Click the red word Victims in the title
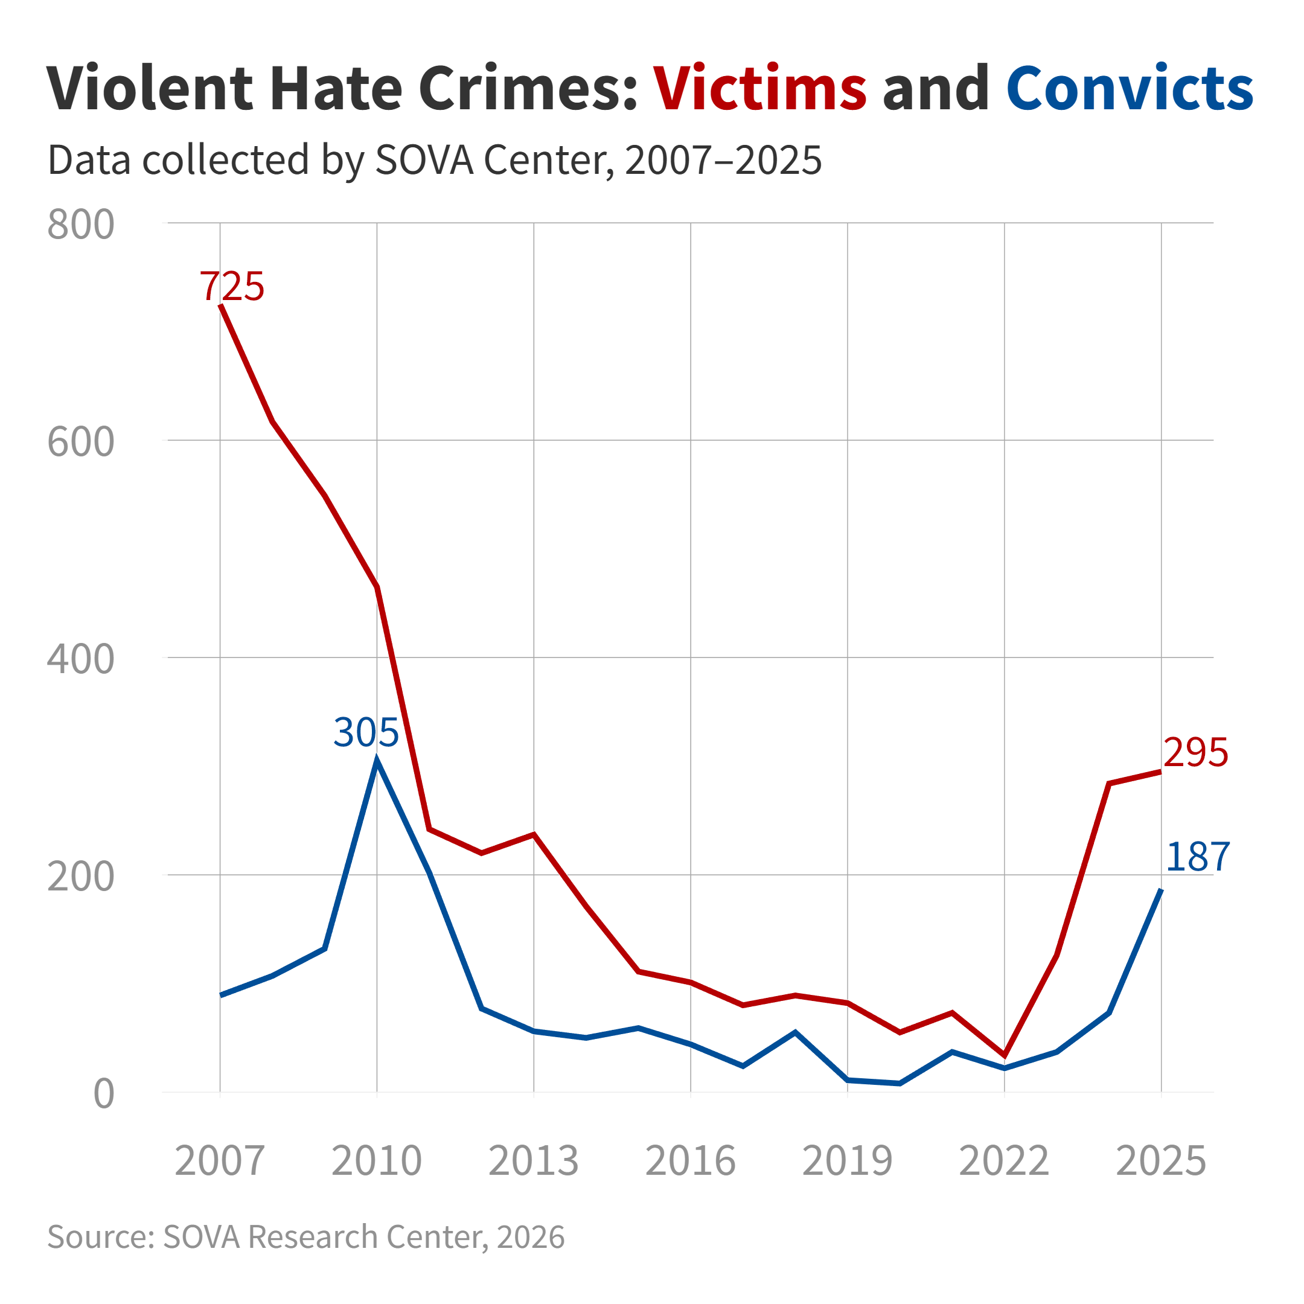click(x=759, y=88)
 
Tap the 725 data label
click(x=231, y=286)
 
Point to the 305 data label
click(x=366, y=732)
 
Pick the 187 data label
click(x=1197, y=857)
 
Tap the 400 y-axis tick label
click(x=80, y=659)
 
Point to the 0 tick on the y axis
click(x=103, y=1094)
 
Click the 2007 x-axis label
click(x=219, y=1161)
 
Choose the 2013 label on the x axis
click(x=533, y=1161)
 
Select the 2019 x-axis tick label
click(x=847, y=1161)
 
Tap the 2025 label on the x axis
click(x=1161, y=1161)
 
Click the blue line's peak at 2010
click(x=377, y=761)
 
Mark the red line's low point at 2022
click(x=1005, y=1056)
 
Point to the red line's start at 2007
click(x=221, y=305)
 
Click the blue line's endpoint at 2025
click(x=1161, y=890)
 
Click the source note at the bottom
click(x=305, y=1236)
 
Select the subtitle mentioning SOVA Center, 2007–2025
click(x=435, y=160)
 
